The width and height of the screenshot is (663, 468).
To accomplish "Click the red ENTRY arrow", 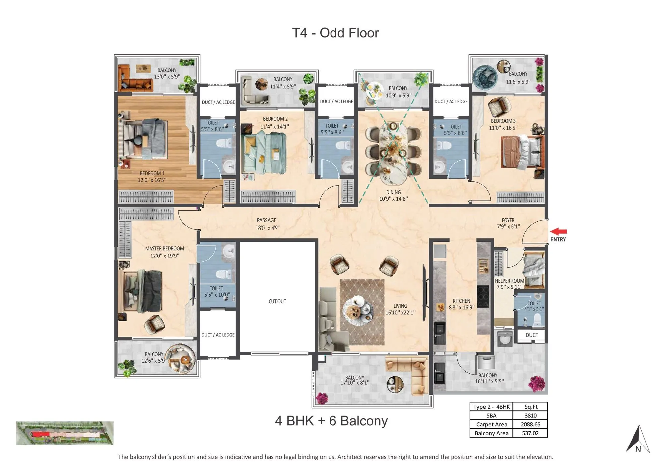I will pyautogui.click(x=559, y=231).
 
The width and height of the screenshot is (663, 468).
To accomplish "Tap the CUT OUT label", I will pyautogui.click(x=277, y=301).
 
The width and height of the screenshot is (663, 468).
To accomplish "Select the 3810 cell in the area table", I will pyautogui.click(x=530, y=416).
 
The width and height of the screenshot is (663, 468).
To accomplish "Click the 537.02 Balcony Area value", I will pyautogui.click(x=530, y=433).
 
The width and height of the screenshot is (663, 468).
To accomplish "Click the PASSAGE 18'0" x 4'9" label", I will pyautogui.click(x=267, y=224).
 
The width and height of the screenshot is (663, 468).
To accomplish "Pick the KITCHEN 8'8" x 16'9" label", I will pyautogui.click(x=461, y=304).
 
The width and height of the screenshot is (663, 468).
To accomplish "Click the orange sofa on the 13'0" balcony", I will pyautogui.click(x=134, y=81).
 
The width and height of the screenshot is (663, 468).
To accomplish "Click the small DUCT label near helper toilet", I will pyautogui.click(x=532, y=335).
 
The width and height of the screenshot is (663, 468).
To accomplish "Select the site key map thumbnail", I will pyautogui.click(x=65, y=433).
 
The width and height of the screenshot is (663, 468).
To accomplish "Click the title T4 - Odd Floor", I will pyautogui.click(x=335, y=33).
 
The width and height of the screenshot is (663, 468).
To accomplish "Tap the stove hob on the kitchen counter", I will pyautogui.click(x=483, y=296).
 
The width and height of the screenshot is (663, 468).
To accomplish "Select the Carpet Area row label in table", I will pyautogui.click(x=491, y=424).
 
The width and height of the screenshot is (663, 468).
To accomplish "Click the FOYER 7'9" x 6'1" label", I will pyautogui.click(x=508, y=223).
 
